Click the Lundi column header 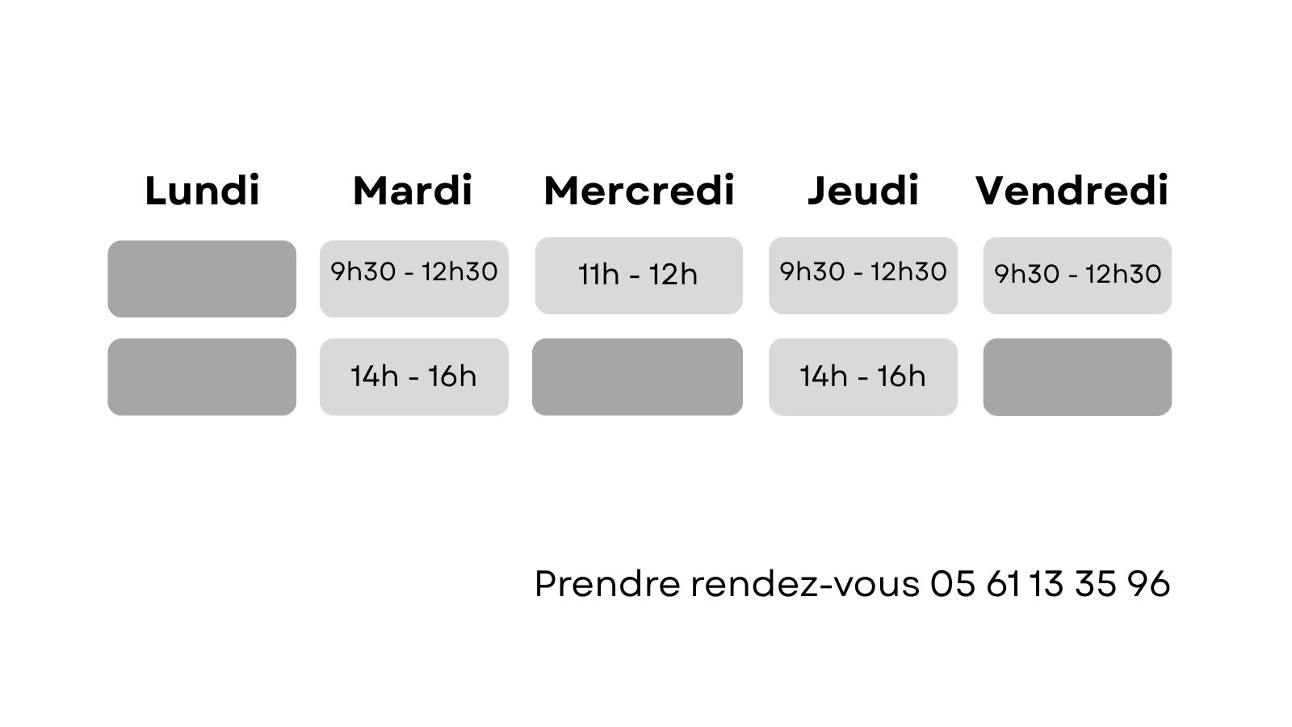202,190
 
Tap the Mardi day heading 413,190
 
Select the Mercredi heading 639,190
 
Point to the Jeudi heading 863,190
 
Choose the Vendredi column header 1072,190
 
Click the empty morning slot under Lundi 202,279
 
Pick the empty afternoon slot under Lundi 202,376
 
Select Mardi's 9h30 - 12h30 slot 414,279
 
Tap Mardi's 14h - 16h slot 414,376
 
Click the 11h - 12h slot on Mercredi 639,275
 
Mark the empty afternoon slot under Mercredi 637,376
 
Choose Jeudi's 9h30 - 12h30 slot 863,275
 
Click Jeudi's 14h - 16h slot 863,376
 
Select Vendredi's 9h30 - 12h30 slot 1077,275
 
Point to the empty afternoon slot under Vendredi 1077,376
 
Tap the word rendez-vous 805,583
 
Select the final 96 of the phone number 1149,583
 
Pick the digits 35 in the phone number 1096,583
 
